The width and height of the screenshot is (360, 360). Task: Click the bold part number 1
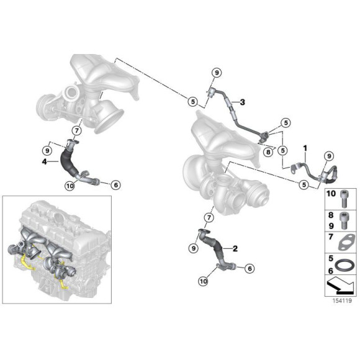pyautogui.click(x=305, y=148)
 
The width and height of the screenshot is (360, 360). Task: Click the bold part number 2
pyautogui.click(x=235, y=248)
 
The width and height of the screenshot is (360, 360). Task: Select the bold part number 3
pyautogui.click(x=243, y=102)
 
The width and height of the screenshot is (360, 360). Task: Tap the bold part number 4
pyautogui.click(x=44, y=161)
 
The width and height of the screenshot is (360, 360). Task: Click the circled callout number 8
pyautogui.click(x=268, y=152)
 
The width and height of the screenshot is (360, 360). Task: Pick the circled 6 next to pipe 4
pyautogui.click(x=115, y=184)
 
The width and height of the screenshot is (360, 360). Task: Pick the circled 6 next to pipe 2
pyautogui.click(x=250, y=268)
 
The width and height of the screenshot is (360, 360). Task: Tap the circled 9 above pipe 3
pyautogui.click(x=217, y=73)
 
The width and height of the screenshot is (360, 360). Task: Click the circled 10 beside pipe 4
pyautogui.click(x=70, y=186)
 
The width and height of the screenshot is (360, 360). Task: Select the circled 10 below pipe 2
pyautogui.click(x=204, y=281)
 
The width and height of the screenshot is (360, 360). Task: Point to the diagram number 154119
pyautogui.click(x=342, y=301)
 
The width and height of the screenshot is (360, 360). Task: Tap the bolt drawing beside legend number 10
pyautogui.click(x=344, y=197)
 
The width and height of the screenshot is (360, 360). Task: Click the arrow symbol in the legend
pyautogui.click(x=341, y=286)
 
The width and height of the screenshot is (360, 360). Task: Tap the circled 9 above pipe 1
pyautogui.click(x=329, y=156)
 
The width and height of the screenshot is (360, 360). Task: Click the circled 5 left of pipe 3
pyautogui.click(x=192, y=101)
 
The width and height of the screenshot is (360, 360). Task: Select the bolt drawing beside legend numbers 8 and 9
pyautogui.click(x=344, y=220)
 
